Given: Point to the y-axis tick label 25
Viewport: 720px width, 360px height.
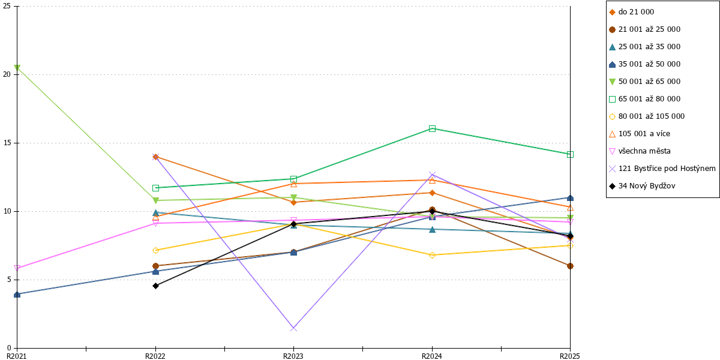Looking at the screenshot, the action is [7, 6].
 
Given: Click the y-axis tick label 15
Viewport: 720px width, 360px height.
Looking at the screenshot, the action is [7, 143].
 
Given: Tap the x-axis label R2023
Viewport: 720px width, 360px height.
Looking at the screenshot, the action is [293, 356].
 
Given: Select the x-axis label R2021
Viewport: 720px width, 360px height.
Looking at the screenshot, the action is [17, 356].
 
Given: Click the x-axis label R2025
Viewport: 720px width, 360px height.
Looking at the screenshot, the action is [570, 356].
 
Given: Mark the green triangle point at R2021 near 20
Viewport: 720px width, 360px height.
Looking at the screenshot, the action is [17, 67].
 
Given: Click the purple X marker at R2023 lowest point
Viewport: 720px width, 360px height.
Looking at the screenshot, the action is [293, 328].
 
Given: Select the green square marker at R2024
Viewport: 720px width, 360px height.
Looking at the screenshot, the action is [433, 129].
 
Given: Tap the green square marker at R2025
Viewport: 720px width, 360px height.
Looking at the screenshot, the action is [570, 155].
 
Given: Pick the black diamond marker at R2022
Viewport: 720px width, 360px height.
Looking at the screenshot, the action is [155, 286].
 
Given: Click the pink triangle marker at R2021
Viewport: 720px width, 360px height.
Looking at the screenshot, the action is [17, 268].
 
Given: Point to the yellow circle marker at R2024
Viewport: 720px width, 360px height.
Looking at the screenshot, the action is [433, 255].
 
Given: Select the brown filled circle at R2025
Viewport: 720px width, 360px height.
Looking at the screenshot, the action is [570, 266].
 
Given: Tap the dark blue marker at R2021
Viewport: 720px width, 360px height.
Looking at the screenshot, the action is [17, 295].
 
